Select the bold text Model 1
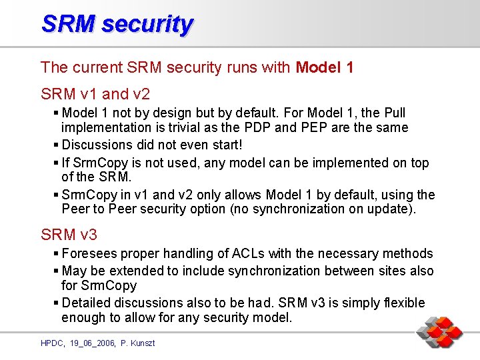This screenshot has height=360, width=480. coord(324,67)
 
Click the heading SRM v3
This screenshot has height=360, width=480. coord(69,234)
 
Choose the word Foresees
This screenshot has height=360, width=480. coord(88,254)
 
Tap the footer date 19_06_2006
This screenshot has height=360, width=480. coord(93,343)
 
